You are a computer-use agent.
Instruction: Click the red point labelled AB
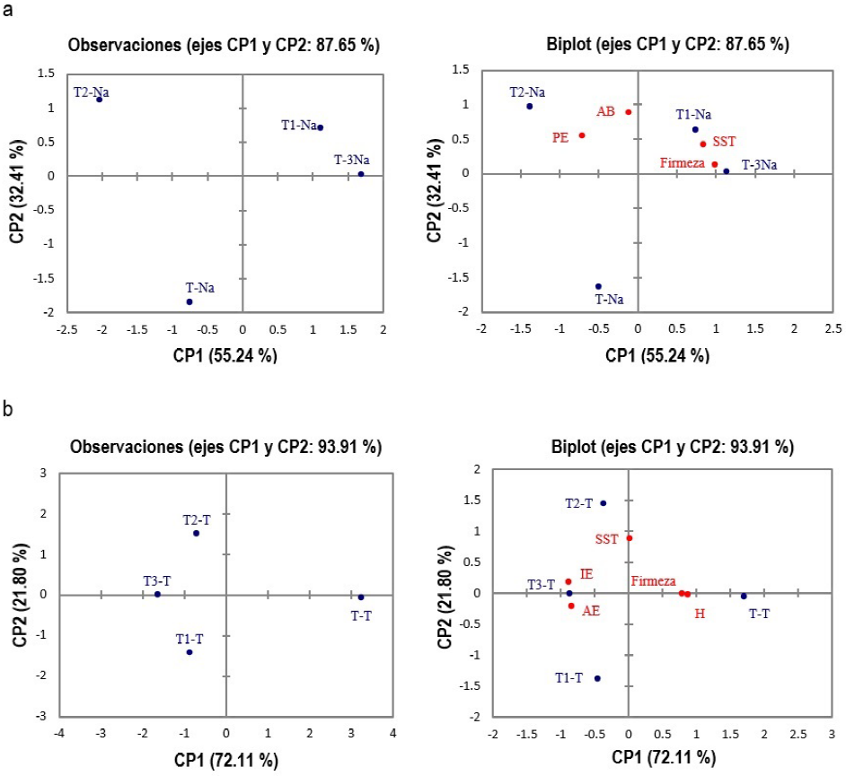coord(629,112)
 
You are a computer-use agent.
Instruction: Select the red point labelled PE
coord(582,135)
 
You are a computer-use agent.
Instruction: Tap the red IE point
coord(568,581)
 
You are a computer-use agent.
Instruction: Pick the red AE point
coord(571,606)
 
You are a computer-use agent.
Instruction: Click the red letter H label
coord(701,614)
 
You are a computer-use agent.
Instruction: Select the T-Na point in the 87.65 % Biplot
coord(598,286)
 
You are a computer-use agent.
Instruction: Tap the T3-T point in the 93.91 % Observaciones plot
coord(157,594)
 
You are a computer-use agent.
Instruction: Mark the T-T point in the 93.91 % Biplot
coord(744,596)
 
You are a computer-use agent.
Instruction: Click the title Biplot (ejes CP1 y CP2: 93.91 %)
coord(639,446)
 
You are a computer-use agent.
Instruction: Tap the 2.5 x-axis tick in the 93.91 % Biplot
coord(798,736)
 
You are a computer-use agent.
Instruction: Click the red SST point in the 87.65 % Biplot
coord(702,144)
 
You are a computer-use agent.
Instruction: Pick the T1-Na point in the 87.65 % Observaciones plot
coord(320,127)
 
